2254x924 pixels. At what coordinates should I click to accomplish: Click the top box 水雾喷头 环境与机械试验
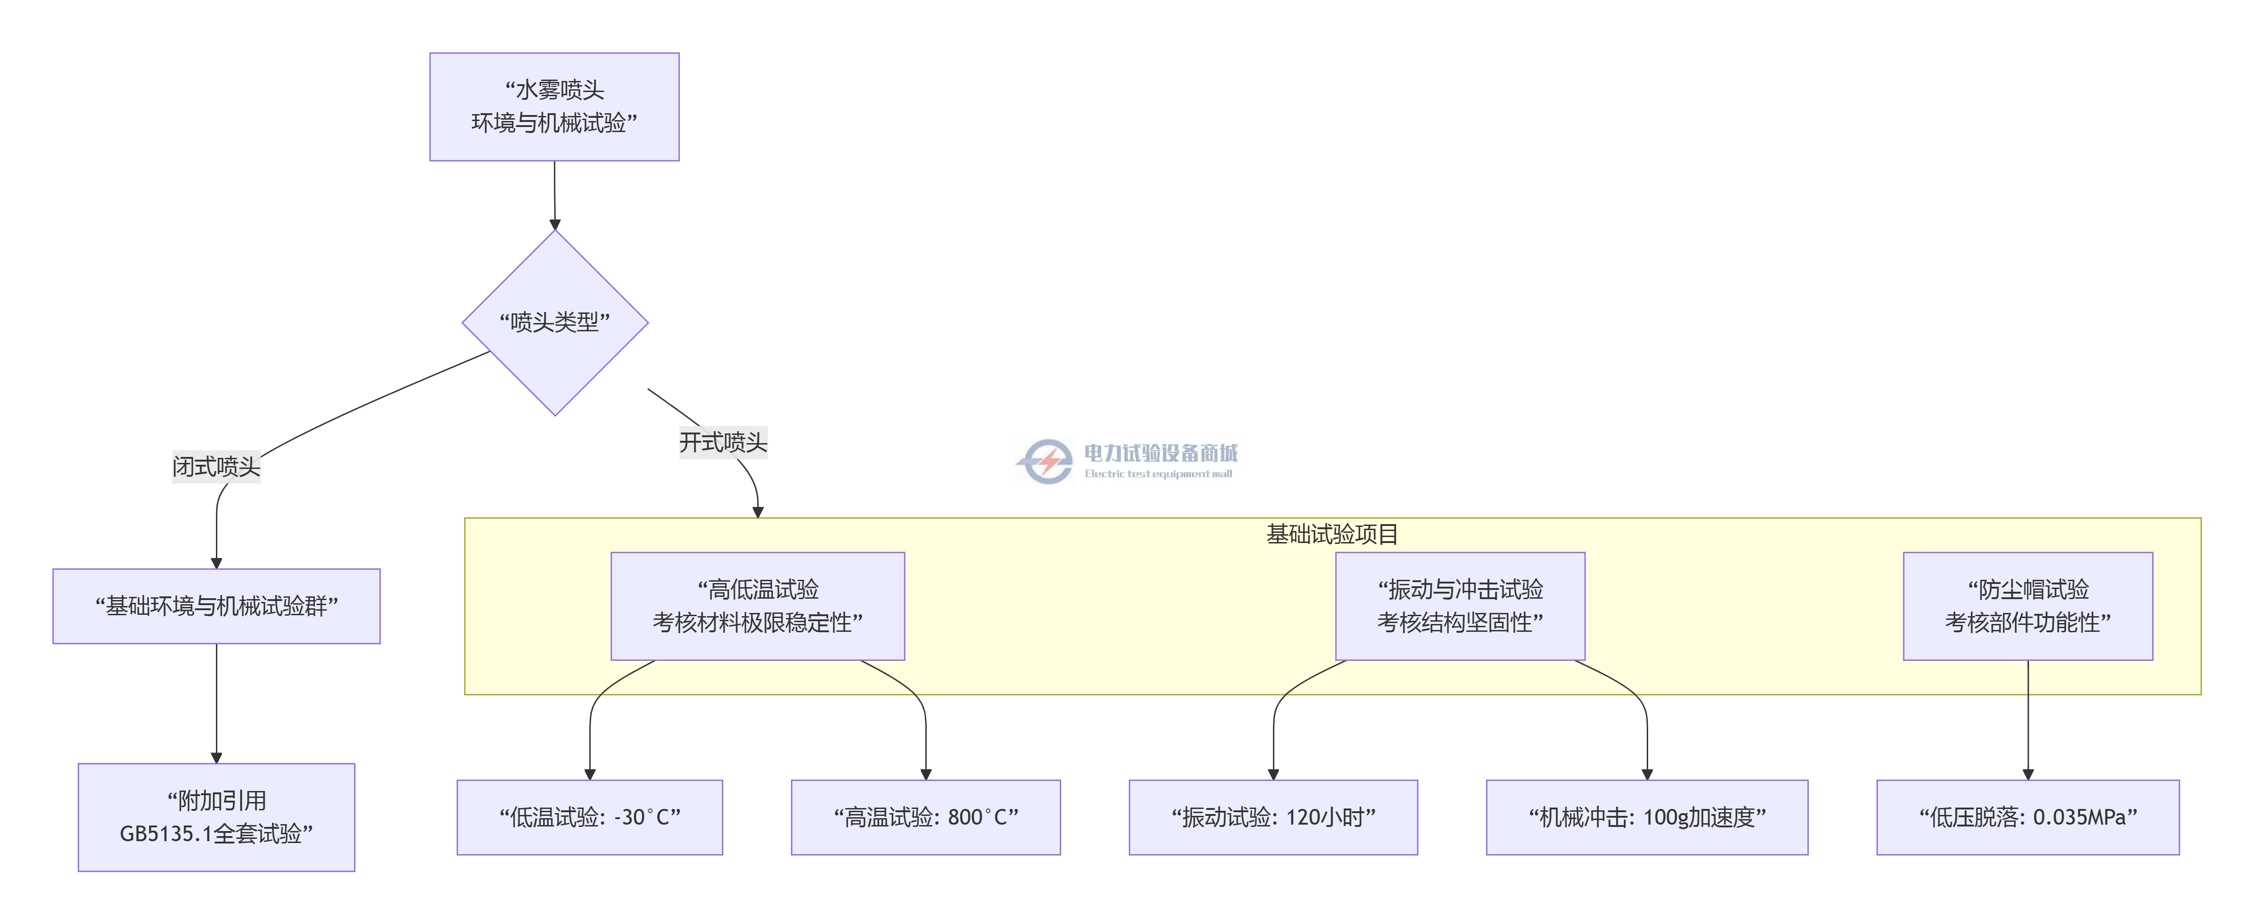(x=554, y=107)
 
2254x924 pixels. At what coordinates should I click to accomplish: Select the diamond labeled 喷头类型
(x=555, y=323)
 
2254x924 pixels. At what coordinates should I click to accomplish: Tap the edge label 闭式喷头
(x=216, y=467)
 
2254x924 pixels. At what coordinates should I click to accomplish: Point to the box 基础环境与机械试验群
(x=216, y=606)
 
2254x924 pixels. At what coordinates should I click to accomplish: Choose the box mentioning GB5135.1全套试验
(x=216, y=817)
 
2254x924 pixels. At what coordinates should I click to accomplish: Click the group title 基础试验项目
(x=1332, y=534)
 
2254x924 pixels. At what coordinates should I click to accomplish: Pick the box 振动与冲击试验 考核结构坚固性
(x=1459, y=606)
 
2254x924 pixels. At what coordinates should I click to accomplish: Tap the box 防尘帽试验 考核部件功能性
(x=2027, y=606)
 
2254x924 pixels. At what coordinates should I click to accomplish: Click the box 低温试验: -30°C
(x=590, y=817)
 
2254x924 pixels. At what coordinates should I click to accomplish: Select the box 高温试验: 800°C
(x=926, y=817)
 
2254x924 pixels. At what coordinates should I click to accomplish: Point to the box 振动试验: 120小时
(x=1273, y=817)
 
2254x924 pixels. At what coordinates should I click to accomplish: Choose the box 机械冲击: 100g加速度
(x=1647, y=817)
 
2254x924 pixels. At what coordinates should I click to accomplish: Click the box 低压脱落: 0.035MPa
(x=2027, y=817)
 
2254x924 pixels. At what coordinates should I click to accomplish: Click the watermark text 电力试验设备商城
(x=1160, y=452)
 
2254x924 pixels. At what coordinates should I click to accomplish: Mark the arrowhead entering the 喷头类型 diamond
(x=555, y=225)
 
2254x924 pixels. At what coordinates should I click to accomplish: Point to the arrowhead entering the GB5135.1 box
(x=216, y=758)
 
